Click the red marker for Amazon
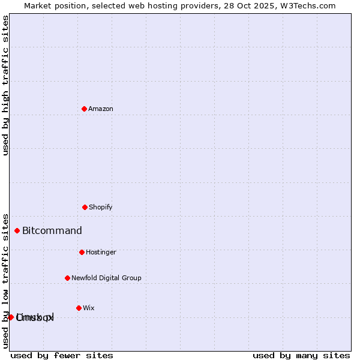(84, 109)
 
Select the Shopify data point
(85, 207)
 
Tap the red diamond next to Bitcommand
(17, 230)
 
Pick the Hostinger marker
(82, 252)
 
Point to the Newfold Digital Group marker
(67, 278)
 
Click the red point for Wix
(79, 308)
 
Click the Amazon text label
(101, 109)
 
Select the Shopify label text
(101, 207)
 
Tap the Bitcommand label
(52, 230)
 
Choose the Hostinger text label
(101, 252)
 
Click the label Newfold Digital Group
(106, 278)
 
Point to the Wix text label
(89, 308)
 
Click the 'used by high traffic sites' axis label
(5, 85)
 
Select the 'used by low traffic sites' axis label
(5, 280)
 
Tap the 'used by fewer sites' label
(62, 355)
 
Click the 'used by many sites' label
(301, 355)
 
